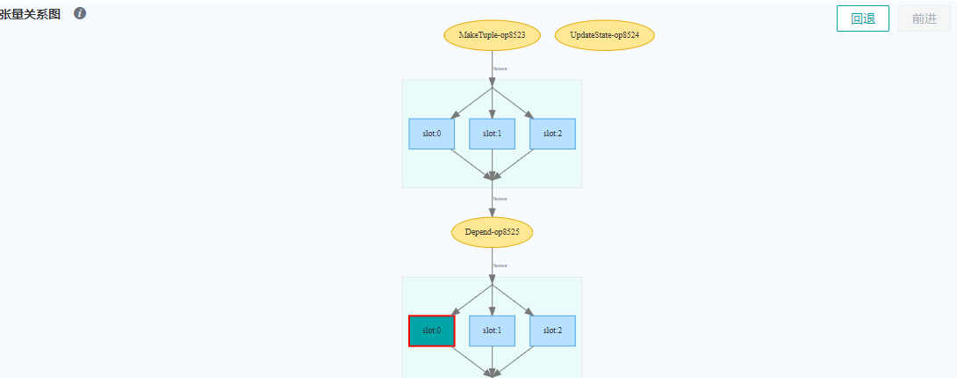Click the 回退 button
tap(863, 18)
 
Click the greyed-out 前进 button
tap(924, 18)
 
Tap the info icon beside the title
tap(80, 14)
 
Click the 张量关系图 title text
tap(31, 15)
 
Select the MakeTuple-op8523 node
tap(492, 35)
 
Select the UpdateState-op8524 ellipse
tap(604, 35)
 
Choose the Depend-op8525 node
tap(492, 232)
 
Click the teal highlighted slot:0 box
tap(431, 331)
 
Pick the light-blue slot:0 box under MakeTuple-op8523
tap(431, 134)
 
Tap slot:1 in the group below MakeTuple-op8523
tap(492, 134)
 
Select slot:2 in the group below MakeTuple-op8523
tap(552, 134)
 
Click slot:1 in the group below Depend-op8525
tap(492, 331)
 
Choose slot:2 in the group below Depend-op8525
tap(552, 331)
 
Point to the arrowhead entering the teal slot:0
tap(454, 311)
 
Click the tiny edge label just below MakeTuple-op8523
tap(499, 68)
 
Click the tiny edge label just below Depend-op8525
tap(499, 265)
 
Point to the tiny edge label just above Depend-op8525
tap(499, 199)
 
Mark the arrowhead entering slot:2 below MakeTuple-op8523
tap(529, 114)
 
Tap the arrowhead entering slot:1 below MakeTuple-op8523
tap(492, 113)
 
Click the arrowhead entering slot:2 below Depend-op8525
tap(529, 311)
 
